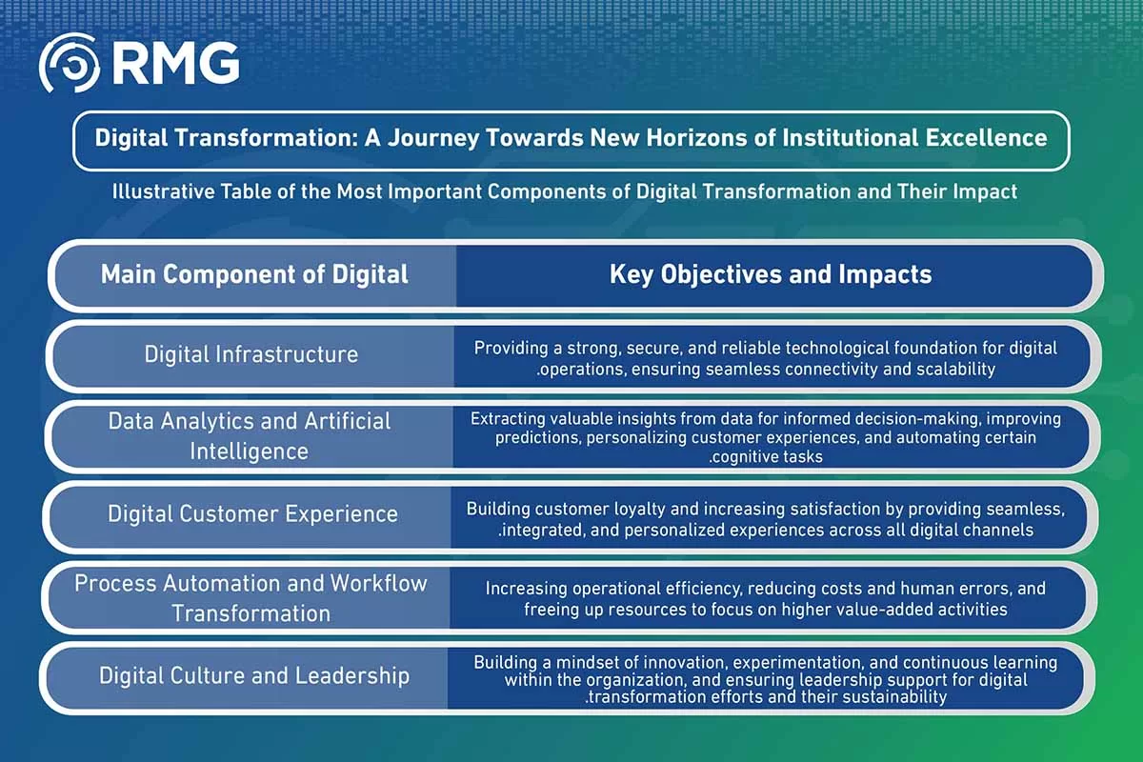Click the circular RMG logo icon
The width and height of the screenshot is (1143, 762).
(x=69, y=63)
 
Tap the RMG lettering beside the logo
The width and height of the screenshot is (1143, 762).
(x=175, y=63)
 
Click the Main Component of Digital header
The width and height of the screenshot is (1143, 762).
(x=254, y=274)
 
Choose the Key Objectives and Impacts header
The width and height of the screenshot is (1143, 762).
(x=771, y=274)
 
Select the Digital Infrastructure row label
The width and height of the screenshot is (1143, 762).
(x=251, y=354)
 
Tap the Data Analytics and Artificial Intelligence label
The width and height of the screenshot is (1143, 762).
(x=249, y=436)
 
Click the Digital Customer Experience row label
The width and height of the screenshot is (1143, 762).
(x=252, y=514)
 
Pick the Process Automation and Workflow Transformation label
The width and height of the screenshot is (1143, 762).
(x=251, y=598)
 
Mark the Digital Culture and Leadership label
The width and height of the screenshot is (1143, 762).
(x=254, y=675)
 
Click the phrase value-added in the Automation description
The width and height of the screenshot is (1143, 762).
(x=894, y=610)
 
